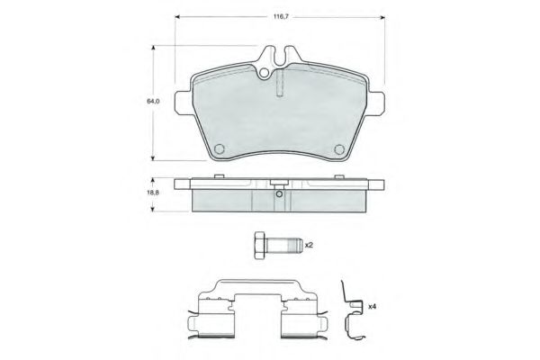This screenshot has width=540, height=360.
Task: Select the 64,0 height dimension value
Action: click(x=153, y=102)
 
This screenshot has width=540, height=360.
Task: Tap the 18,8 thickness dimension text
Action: click(x=153, y=193)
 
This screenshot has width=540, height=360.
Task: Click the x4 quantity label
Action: click(x=371, y=307)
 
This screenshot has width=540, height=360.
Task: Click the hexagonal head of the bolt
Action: click(x=260, y=244)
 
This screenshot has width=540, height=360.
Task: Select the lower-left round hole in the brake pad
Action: click(x=219, y=148)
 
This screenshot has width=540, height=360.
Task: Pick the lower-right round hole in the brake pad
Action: click(x=339, y=148)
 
